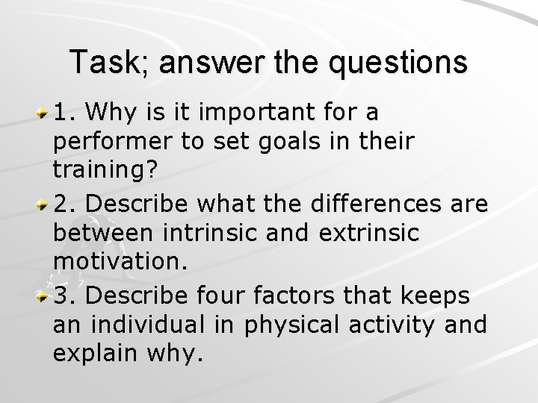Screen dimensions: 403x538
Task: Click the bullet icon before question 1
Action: coord(44,113)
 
